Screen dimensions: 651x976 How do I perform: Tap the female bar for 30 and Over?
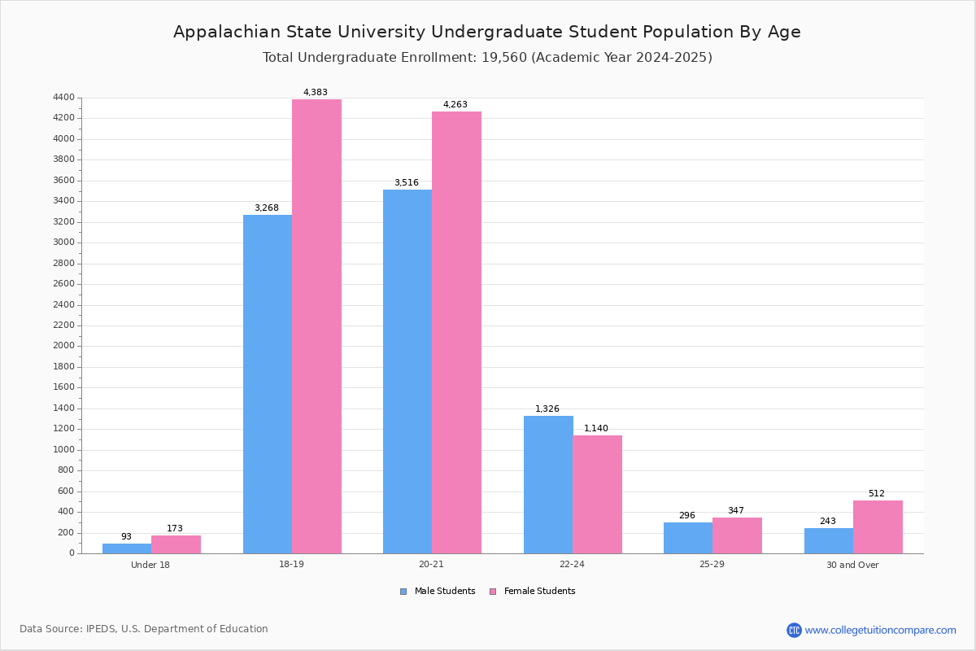tap(878, 526)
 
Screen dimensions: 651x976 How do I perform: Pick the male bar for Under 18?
tap(127, 548)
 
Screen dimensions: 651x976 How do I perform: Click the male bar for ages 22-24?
tap(548, 484)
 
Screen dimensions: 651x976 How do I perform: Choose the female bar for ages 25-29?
tap(737, 535)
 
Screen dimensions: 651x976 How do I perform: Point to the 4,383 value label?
tap(316, 92)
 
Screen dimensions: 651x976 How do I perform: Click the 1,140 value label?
tap(596, 428)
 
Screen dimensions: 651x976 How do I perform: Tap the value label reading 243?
tap(828, 521)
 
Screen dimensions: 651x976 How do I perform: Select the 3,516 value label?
tap(407, 182)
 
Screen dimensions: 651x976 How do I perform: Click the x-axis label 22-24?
tap(572, 565)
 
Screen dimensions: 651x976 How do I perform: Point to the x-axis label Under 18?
tap(150, 565)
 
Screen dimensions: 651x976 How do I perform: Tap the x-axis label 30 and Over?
tap(852, 565)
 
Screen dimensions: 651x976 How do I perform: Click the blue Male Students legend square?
tap(403, 592)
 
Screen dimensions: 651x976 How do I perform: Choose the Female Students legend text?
tap(539, 592)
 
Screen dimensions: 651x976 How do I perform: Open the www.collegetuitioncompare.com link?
tap(880, 630)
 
